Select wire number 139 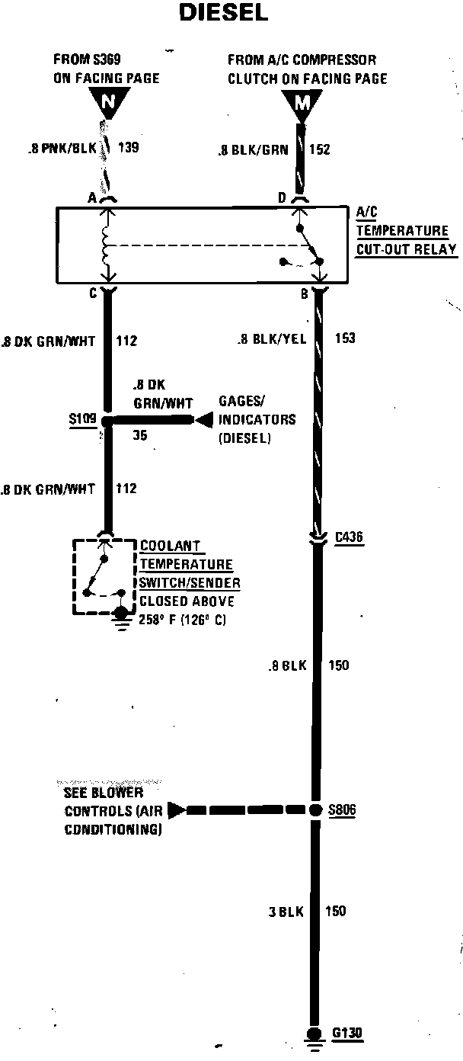(x=128, y=148)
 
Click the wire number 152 (x=319, y=149)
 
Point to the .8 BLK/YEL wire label (x=271, y=339)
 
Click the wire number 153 (x=344, y=338)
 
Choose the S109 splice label (x=81, y=419)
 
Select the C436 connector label (x=349, y=538)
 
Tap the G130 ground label (x=347, y=1034)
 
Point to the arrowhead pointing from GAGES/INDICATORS (x=203, y=420)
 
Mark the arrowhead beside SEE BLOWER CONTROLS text (x=174, y=809)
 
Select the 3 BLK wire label (x=286, y=910)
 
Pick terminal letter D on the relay (x=281, y=198)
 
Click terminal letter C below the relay (x=91, y=291)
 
